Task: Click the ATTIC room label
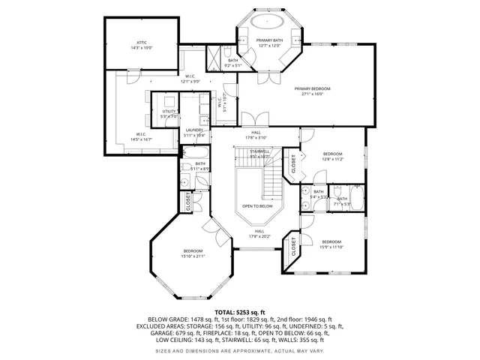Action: (142, 43)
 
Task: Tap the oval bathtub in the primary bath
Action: (268, 21)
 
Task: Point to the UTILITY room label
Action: (168, 111)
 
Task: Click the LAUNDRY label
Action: (195, 130)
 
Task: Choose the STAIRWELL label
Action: (260, 151)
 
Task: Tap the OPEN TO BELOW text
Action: (257, 205)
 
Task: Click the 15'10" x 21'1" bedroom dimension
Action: (193, 256)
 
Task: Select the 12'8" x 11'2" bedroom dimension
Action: (332, 159)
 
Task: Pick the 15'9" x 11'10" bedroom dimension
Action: (331, 247)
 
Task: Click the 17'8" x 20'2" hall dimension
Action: (259, 236)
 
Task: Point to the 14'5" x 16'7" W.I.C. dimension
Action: (141, 139)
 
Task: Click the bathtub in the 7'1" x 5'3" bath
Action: (356, 199)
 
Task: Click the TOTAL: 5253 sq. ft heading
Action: (240, 311)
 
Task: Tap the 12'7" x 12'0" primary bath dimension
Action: (268, 46)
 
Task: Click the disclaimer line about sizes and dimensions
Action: (240, 350)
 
